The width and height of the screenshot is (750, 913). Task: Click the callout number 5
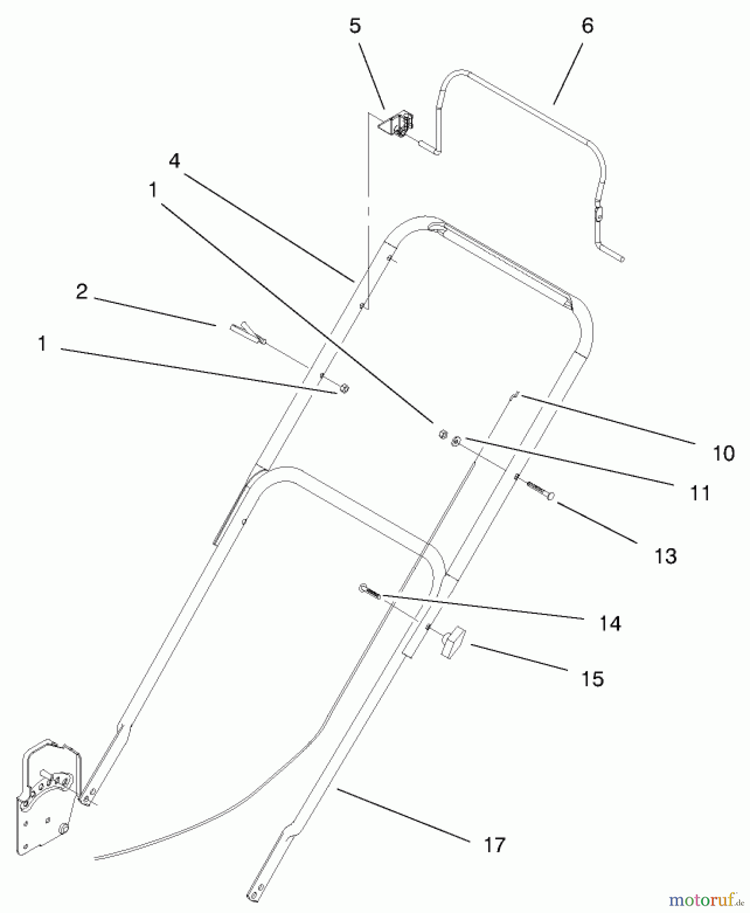pyautogui.click(x=355, y=25)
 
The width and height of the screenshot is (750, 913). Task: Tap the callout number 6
pyautogui.click(x=587, y=25)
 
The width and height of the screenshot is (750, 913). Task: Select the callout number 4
pyautogui.click(x=174, y=161)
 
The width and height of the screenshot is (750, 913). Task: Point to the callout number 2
pyautogui.click(x=81, y=292)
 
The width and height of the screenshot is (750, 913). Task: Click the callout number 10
pyautogui.click(x=723, y=453)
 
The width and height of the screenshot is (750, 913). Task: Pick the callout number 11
pyautogui.click(x=700, y=493)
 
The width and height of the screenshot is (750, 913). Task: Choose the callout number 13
pyautogui.click(x=665, y=556)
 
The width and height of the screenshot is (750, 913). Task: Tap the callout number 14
pyautogui.click(x=610, y=623)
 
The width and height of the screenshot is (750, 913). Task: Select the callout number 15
pyautogui.click(x=592, y=679)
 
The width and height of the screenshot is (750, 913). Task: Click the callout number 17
pyautogui.click(x=494, y=845)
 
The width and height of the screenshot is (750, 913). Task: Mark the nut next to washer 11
pyautogui.click(x=442, y=435)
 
